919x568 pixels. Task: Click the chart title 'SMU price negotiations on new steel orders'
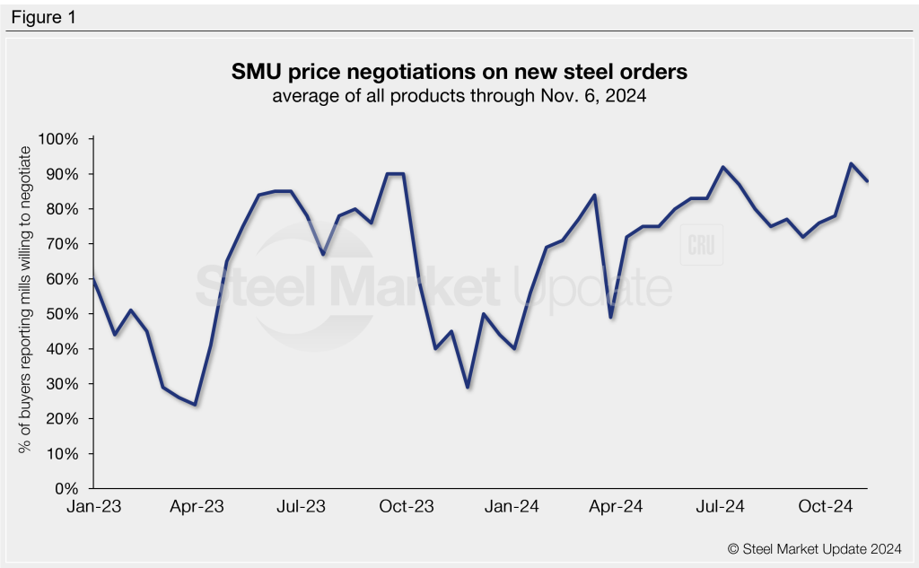pyautogui.click(x=459, y=70)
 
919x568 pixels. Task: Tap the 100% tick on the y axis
pyautogui.click(x=58, y=139)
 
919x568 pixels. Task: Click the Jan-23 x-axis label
pyautogui.click(x=94, y=508)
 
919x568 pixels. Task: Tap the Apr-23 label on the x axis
pyautogui.click(x=197, y=508)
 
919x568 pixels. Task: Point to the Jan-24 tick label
pyautogui.click(x=512, y=508)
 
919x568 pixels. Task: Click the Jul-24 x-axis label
pyautogui.click(x=721, y=508)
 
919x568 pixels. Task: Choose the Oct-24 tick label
pyautogui.click(x=826, y=508)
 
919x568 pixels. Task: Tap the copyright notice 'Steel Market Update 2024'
pyautogui.click(x=815, y=547)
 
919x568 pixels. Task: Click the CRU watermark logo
pyautogui.click(x=701, y=246)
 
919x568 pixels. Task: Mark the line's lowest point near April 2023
pyautogui.click(x=195, y=405)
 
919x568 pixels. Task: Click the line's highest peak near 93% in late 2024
pyautogui.click(x=850, y=163)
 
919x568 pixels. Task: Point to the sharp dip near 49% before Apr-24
pyautogui.click(x=610, y=317)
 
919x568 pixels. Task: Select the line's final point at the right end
pyautogui.click(x=868, y=181)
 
